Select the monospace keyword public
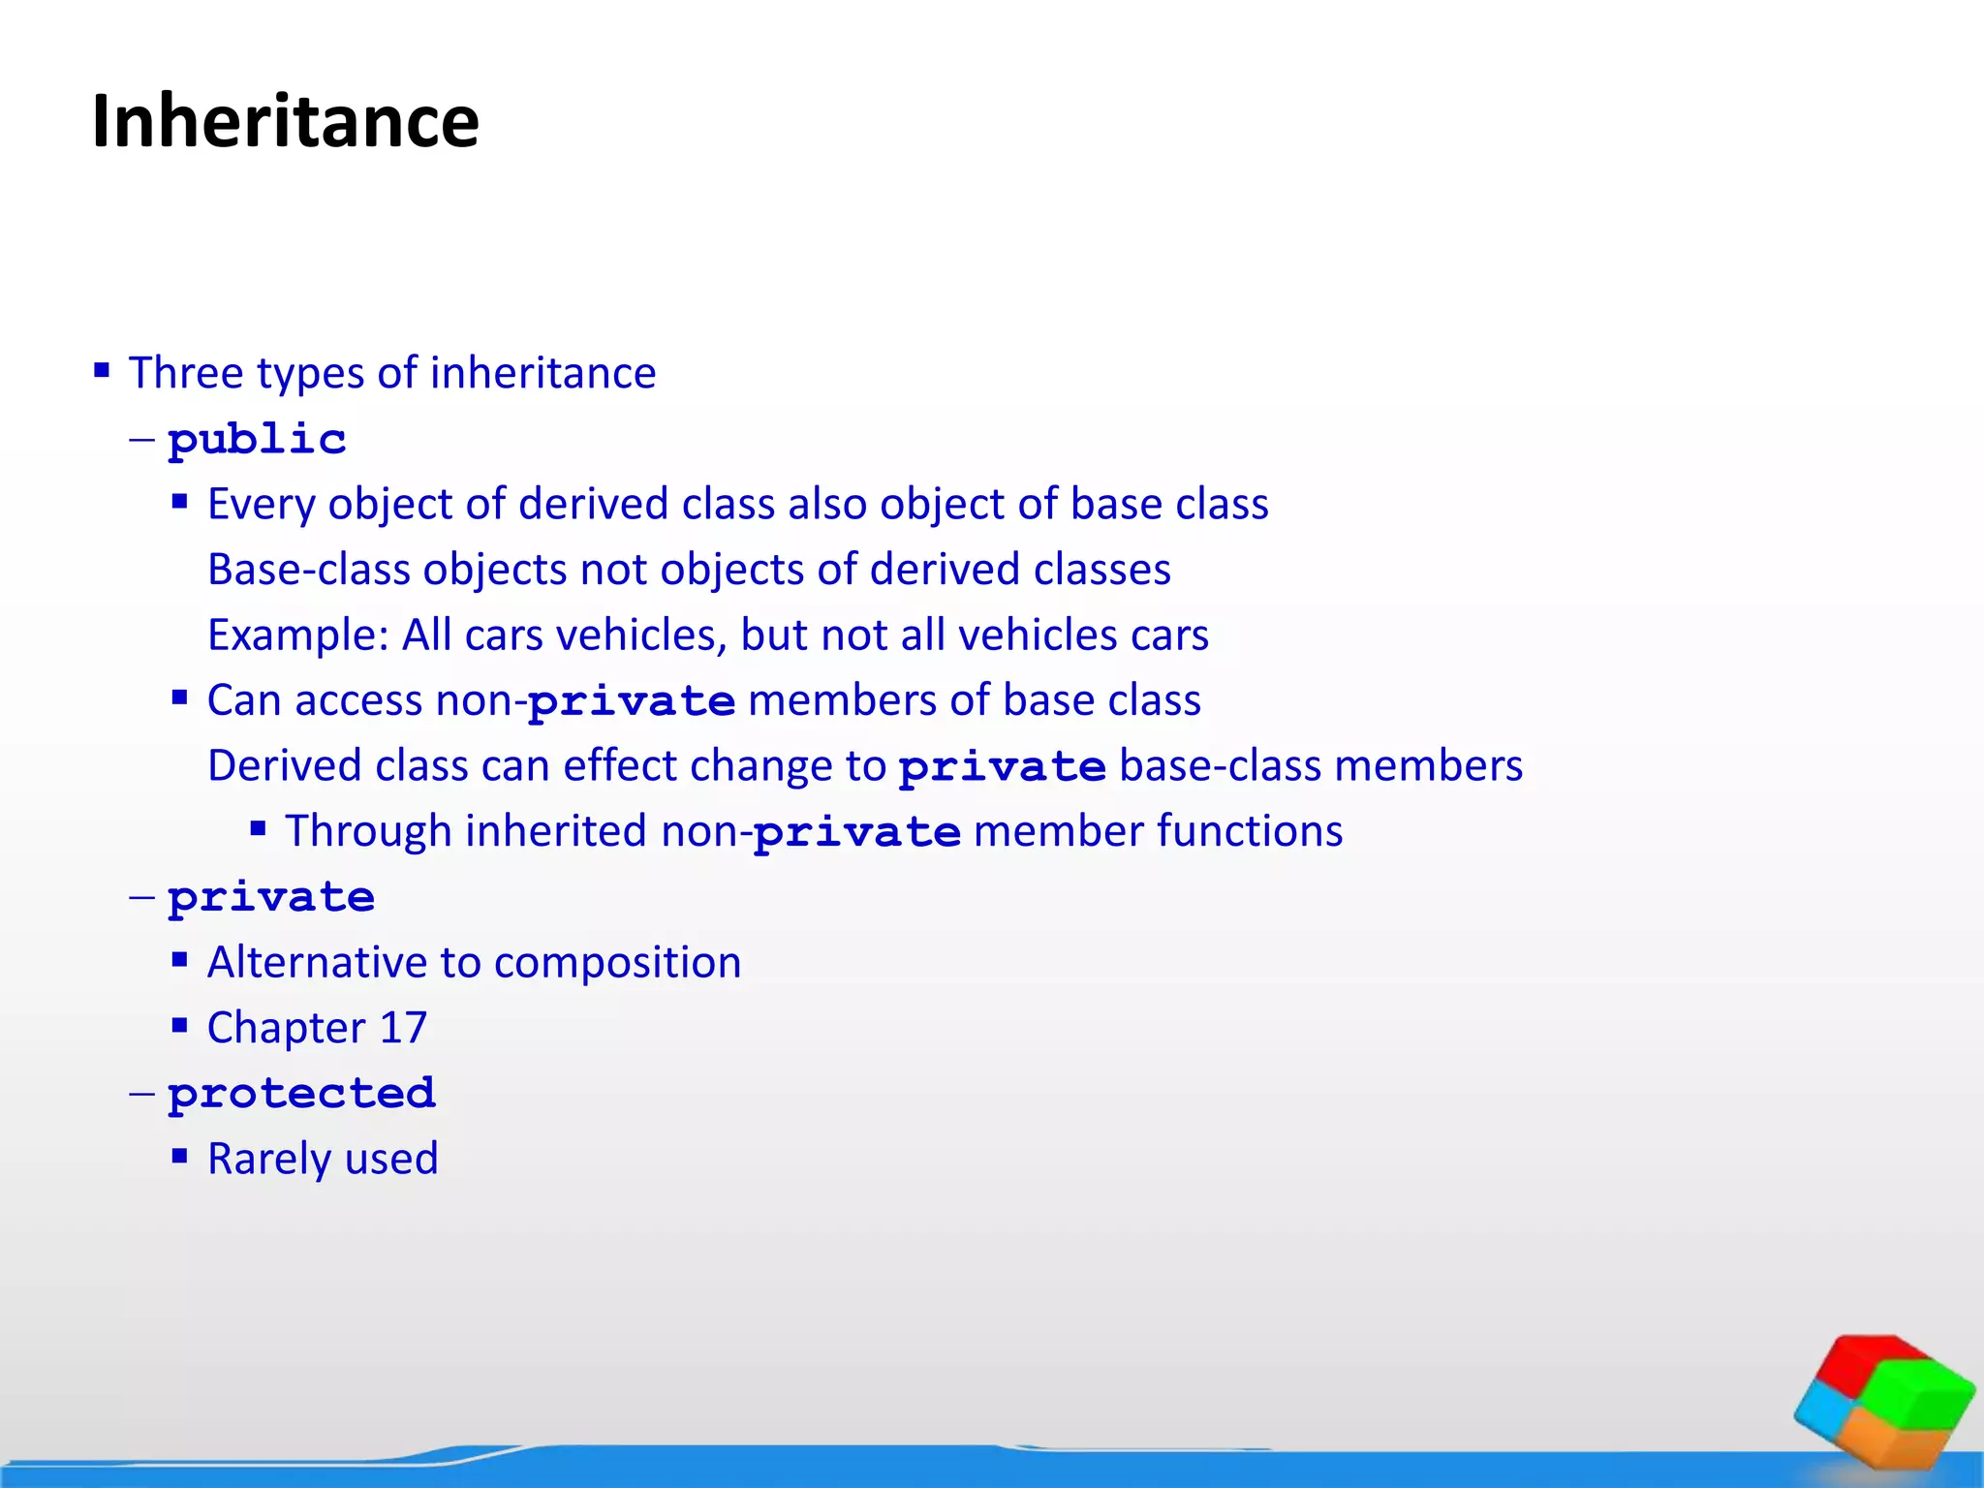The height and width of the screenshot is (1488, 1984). click(x=257, y=440)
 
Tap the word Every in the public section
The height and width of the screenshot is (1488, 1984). click(x=262, y=505)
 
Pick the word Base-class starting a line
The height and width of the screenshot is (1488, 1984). click(x=309, y=570)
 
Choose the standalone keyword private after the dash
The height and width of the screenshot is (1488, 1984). click(x=271, y=898)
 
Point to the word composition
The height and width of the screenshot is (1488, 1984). click(x=617, y=963)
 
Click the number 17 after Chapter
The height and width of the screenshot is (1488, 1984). click(x=403, y=1028)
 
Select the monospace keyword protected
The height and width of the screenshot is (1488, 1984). click(x=301, y=1094)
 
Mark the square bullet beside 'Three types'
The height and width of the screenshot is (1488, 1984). click(x=102, y=369)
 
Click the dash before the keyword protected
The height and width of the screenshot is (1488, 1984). click(x=141, y=1094)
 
